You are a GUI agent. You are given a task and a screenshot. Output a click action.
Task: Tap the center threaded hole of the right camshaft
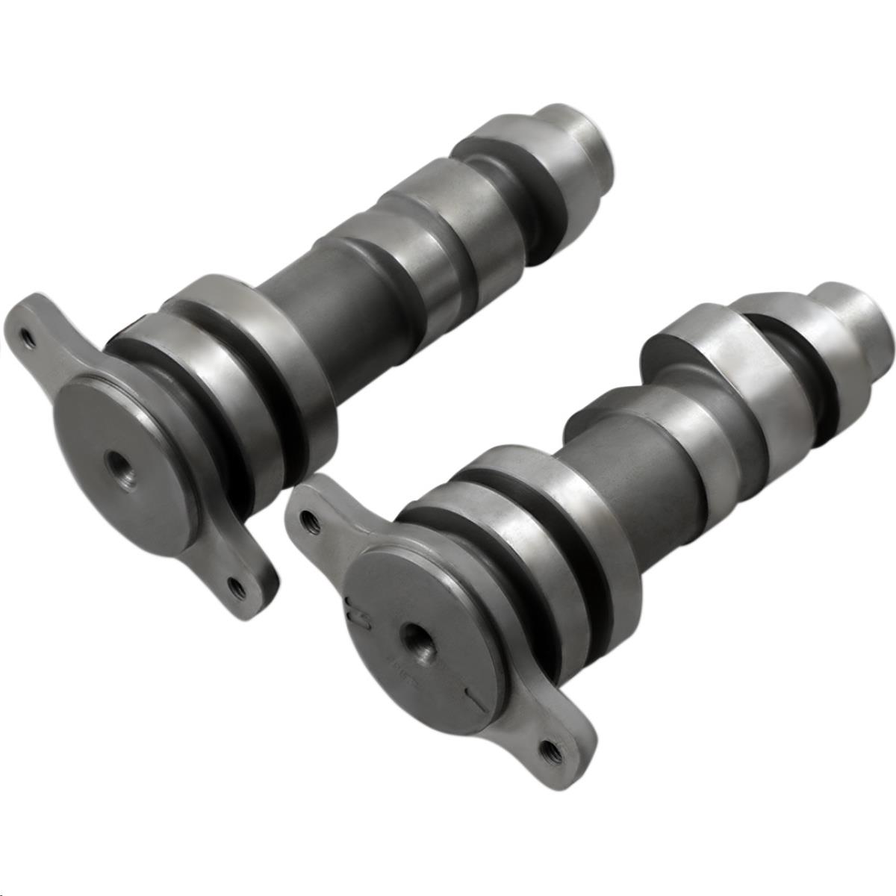[x=412, y=635]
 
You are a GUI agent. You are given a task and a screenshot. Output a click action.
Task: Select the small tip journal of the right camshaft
[x=859, y=314]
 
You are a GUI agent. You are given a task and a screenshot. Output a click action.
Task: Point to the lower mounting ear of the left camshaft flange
[x=239, y=575]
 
